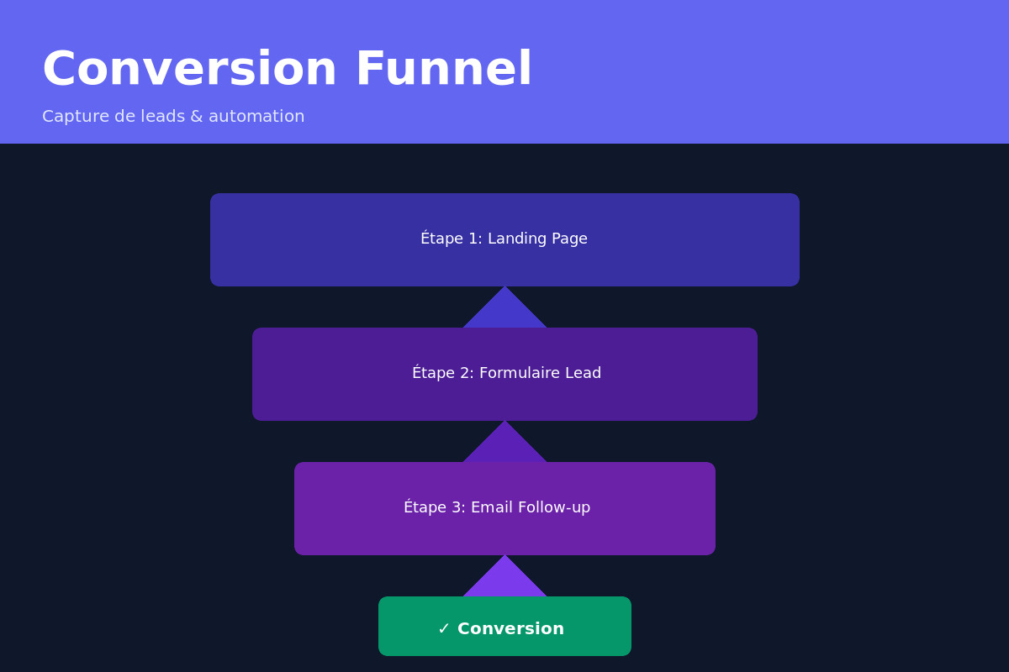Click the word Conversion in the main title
189,69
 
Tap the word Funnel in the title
444,69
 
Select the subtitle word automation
256,117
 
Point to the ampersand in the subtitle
196,117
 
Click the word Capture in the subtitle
76,117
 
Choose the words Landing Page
537,239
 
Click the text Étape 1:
451,239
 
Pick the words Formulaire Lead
540,373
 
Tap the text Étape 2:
442,373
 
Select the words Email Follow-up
530,507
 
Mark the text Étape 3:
434,507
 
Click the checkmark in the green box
444,629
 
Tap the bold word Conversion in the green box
510,629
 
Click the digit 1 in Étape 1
473,239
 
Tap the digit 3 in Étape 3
457,507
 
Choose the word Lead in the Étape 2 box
583,373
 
